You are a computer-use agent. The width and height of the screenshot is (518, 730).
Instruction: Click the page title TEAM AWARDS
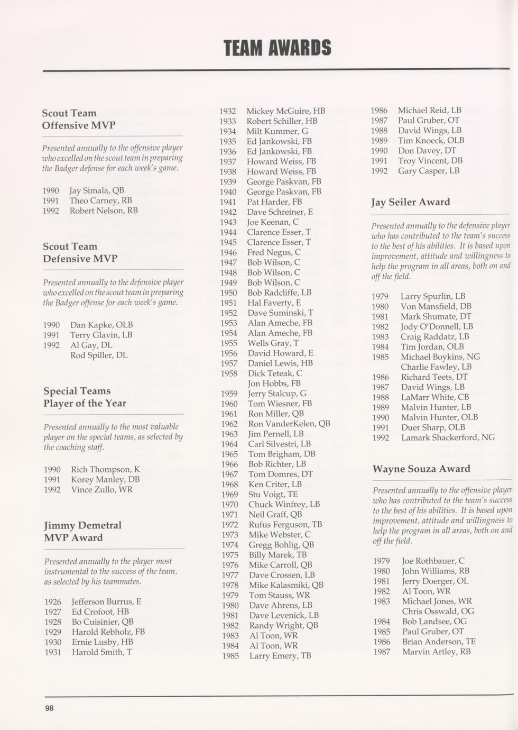[x=277, y=48]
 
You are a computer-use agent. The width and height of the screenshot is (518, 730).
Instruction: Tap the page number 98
[x=49, y=708]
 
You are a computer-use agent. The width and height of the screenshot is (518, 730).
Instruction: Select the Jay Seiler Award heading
[x=410, y=202]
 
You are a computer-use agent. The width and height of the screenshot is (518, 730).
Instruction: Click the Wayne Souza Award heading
[x=421, y=469]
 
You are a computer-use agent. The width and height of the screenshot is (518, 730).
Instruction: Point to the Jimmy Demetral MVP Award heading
[x=82, y=531]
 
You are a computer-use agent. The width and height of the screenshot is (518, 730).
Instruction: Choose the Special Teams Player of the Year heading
[x=84, y=397]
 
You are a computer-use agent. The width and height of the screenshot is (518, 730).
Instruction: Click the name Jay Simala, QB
[x=97, y=190]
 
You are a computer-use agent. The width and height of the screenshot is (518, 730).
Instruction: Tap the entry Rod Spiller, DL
[x=98, y=355]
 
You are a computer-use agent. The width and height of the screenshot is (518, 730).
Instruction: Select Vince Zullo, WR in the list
[x=101, y=489]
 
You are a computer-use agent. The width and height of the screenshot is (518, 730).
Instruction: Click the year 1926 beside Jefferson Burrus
[x=53, y=601]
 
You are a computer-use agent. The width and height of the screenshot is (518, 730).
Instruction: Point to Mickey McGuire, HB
[x=285, y=111]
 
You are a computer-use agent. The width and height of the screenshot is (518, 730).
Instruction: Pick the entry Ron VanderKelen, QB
[x=289, y=424]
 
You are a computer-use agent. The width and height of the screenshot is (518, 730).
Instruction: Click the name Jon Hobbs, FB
[x=274, y=384]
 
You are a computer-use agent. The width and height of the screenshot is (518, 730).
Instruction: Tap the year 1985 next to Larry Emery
[x=230, y=656]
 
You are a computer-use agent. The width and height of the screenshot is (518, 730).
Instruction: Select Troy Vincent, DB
[x=430, y=161]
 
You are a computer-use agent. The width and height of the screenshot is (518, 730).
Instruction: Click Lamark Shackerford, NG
[x=448, y=437]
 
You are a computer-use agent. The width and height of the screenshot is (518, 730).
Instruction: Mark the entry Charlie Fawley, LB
[x=436, y=367]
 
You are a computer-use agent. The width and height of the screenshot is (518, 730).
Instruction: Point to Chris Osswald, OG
[x=438, y=611]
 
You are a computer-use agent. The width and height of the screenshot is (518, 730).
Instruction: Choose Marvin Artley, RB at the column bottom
[x=436, y=652]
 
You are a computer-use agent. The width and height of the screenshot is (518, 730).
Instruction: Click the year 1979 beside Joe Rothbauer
[x=381, y=561]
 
